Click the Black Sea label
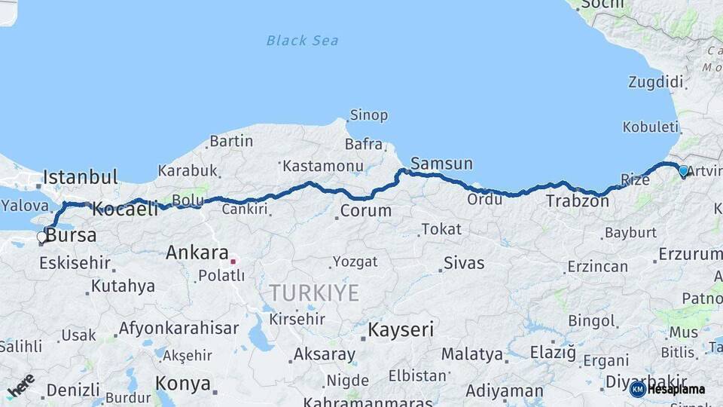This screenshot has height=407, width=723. pyautogui.click(x=302, y=41)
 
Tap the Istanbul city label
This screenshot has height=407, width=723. pyautogui.click(x=80, y=178)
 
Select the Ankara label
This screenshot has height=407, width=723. pyautogui.click(x=197, y=252)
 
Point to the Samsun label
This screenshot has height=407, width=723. pyautogui.click(x=441, y=164)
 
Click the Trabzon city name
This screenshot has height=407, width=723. pyautogui.click(x=577, y=201)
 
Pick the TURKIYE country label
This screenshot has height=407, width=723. pyautogui.click(x=315, y=292)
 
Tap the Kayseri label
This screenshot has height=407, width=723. pyautogui.click(x=401, y=329)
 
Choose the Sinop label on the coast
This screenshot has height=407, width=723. pyautogui.click(x=368, y=115)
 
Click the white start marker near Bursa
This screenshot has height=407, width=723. pyautogui.click(x=42, y=237)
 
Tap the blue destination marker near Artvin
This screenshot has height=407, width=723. pyautogui.click(x=683, y=171)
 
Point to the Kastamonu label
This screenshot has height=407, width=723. pyautogui.click(x=323, y=165)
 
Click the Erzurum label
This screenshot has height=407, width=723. pyautogui.click(x=690, y=255)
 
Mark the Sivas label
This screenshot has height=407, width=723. pyautogui.click(x=464, y=264)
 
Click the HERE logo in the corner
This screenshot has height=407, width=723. pyautogui.click(x=21, y=387)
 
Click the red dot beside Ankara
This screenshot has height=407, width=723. pyautogui.click(x=233, y=262)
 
